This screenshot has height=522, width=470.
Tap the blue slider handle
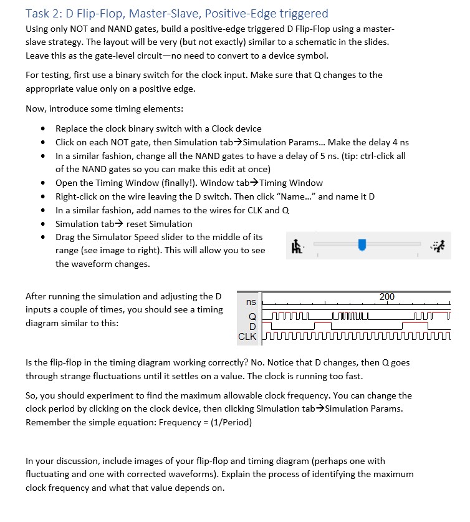pos(362,246)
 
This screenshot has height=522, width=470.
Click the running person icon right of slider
pos(440,246)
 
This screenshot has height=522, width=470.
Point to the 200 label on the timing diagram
pos(387,297)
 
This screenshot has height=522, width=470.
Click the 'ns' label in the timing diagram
pos(251,302)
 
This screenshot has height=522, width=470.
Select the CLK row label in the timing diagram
pos(247,337)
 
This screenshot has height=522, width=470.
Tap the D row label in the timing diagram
pos(252,326)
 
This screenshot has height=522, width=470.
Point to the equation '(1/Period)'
pos(230,422)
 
